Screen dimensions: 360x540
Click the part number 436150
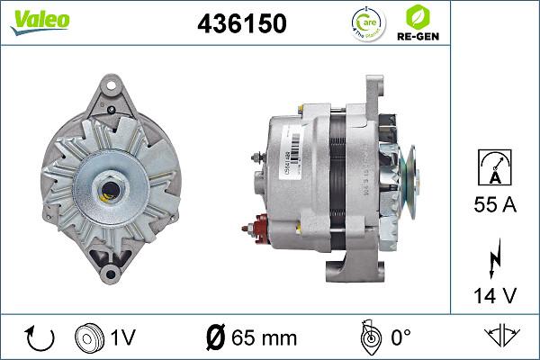(241, 24)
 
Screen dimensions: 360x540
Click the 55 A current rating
(493, 205)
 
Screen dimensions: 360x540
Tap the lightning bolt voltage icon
(493, 259)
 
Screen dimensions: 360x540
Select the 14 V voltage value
(493, 294)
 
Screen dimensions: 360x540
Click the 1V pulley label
(123, 337)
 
